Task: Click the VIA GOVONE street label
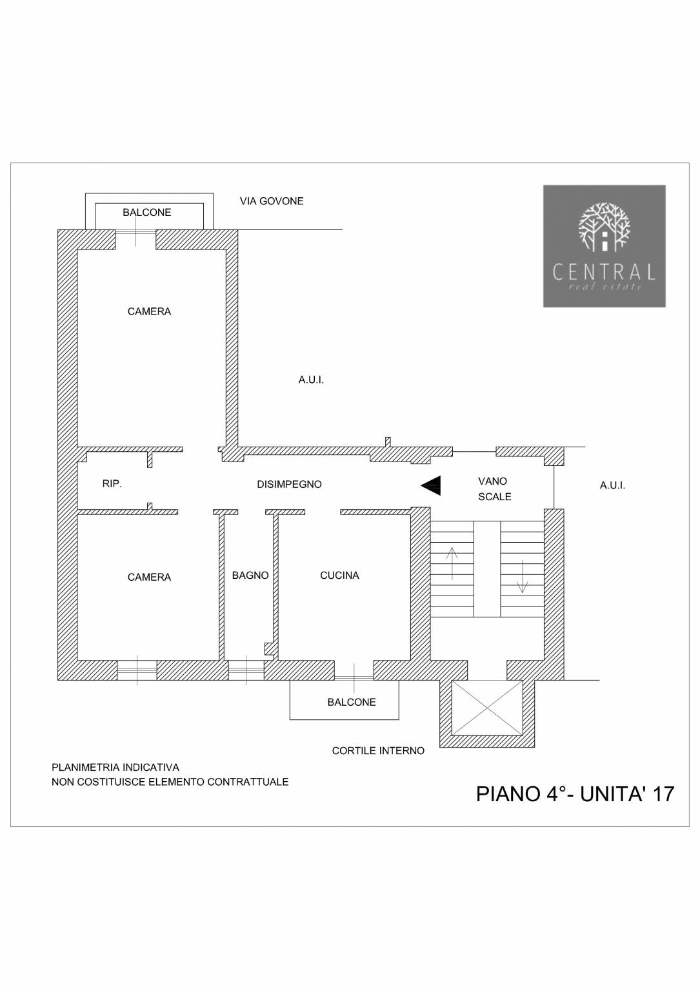pyautogui.click(x=272, y=201)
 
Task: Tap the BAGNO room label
pyautogui.click(x=250, y=575)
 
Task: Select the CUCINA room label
pyautogui.click(x=339, y=575)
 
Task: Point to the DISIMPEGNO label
pyautogui.click(x=290, y=484)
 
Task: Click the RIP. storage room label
pyautogui.click(x=112, y=483)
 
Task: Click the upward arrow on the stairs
pyautogui.click(x=452, y=563)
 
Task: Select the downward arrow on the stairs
pyautogui.click(x=522, y=576)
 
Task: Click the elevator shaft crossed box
pyautogui.click(x=486, y=708)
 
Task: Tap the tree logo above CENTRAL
pyautogui.click(x=605, y=227)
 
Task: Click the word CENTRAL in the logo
pyautogui.click(x=604, y=272)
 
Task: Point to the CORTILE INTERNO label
pyautogui.click(x=378, y=750)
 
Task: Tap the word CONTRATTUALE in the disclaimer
pyautogui.click(x=248, y=782)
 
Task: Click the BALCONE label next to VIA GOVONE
pyautogui.click(x=147, y=212)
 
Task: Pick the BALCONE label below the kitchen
pyautogui.click(x=352, y=702)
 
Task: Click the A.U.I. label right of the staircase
pyautogui.click(x=612, y=485)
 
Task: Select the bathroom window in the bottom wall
pyautogui.click(x=246, y=670)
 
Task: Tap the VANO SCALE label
pyautogui.click(x=495, y=489)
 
